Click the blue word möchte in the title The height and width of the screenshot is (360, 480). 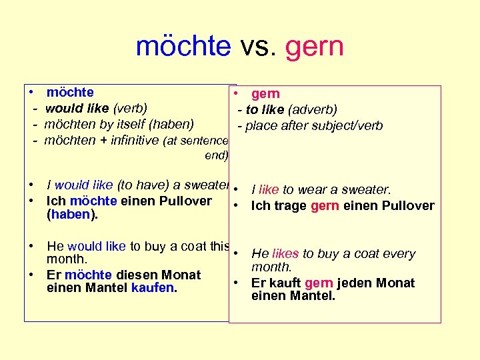[x=183, y=47]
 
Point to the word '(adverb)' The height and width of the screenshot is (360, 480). [x=314, y=109]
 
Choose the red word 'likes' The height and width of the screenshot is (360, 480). [x=285, y=253]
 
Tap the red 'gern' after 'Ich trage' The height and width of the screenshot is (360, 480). [x=325, y=205]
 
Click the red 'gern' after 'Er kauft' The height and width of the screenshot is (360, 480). [x=319, y=283]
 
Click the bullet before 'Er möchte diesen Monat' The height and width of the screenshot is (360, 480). [x=32, y=274]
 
